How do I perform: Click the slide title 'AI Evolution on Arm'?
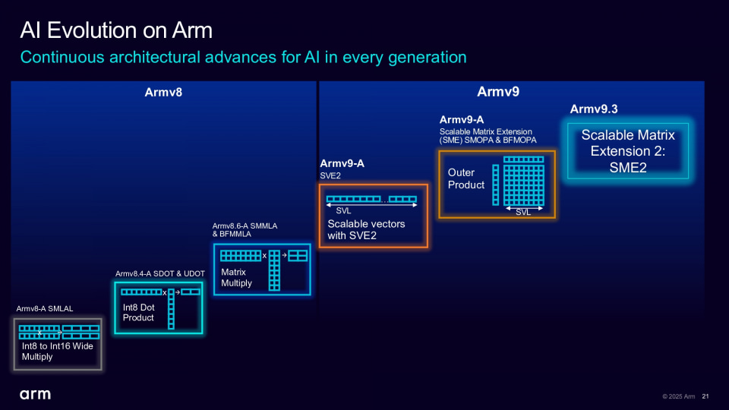[x=116, y=30]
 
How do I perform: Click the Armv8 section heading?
[x=163, y=93]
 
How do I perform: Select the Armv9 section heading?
[x=498, y=92]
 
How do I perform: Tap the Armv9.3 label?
[x=594, y=109]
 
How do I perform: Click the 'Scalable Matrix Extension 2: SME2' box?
[x=628, y=151]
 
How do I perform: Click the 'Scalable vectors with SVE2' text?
[x=366, y=229]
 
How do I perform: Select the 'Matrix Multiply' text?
[x=236, y=277]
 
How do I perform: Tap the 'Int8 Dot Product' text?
[x=138, y=312]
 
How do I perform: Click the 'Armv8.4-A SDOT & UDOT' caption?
[x=160, y=273]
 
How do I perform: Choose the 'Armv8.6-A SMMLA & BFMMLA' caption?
[x=241, y=230]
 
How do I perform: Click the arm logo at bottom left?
[x=35, y=395]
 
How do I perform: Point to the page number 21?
[x=705, y=396]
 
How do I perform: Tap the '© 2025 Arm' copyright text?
[x=678, y=396]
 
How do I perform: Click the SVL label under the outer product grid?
[x=523, y=212]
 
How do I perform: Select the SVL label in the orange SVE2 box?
[x=343, y=210]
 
